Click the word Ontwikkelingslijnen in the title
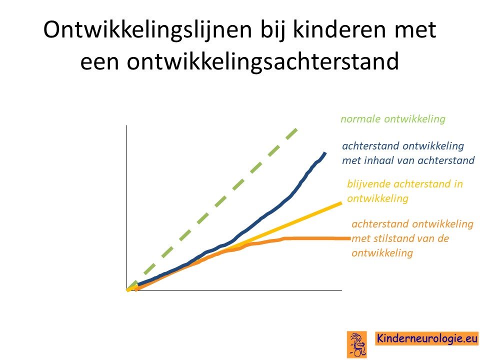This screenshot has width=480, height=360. coord(147,30)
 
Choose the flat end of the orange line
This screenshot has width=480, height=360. coord(350,238)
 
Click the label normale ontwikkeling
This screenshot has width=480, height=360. coord(393,119)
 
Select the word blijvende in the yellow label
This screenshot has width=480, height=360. coord(369,184)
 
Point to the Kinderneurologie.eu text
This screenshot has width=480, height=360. coord(427,338)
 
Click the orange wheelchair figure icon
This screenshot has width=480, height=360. coord(356,344)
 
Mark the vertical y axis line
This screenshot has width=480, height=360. coord(126,208)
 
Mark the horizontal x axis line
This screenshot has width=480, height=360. coord(234,290)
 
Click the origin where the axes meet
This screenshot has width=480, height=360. coord(126,290)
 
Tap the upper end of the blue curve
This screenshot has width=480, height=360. coord(325,152)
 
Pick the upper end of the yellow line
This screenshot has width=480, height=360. coord(341,202)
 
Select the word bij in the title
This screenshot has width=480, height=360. coord(273,30)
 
